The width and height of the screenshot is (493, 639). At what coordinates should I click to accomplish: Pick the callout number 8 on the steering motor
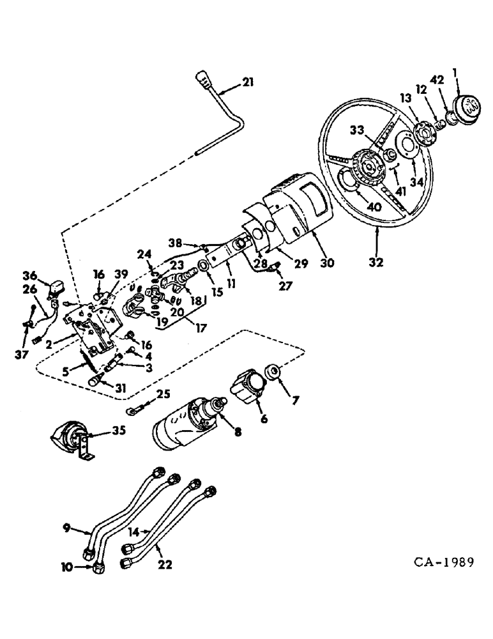click(238, 432)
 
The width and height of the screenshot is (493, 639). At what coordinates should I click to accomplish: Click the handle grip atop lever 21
click(204, 80)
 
